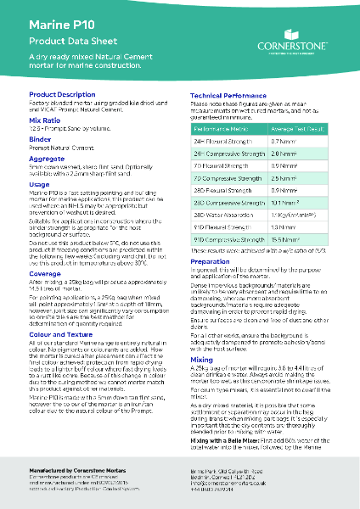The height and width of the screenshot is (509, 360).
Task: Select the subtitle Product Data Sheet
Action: click(67, 41)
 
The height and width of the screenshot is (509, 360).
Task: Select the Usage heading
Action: click(39, 183)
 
